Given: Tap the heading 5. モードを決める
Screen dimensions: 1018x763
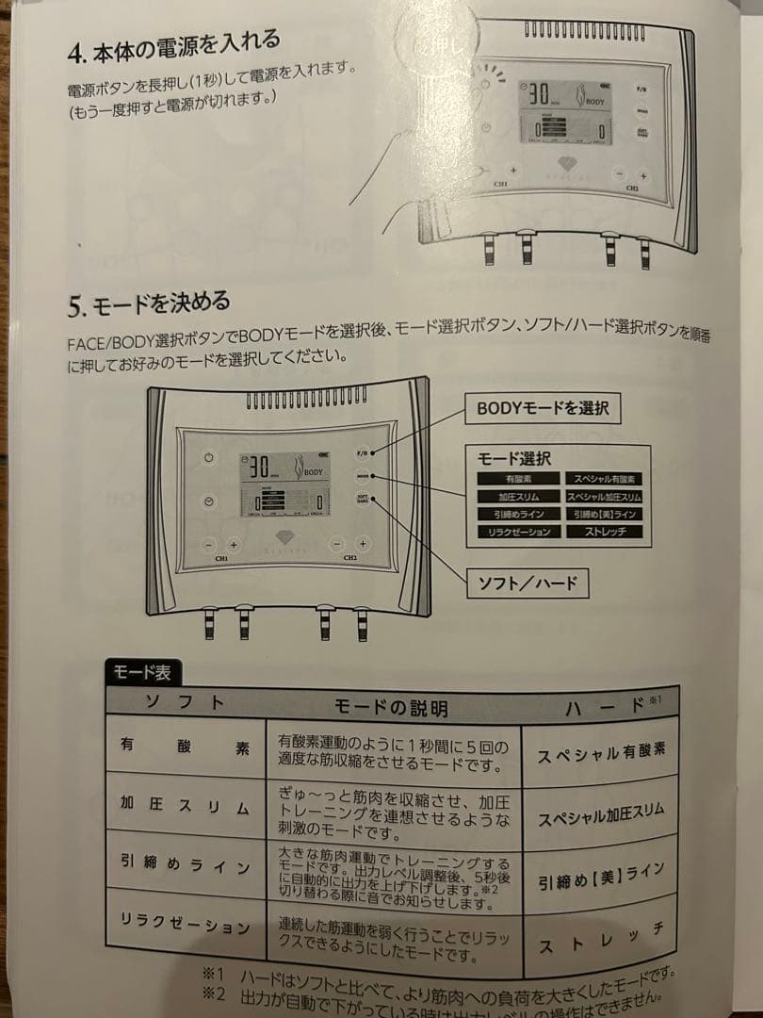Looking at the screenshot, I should click(149, 304).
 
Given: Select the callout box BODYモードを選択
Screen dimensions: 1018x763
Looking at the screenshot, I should click(542, 408).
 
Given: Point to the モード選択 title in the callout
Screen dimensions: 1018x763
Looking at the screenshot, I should click(513, 458).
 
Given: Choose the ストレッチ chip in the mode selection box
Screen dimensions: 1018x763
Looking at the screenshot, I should click(603, 532).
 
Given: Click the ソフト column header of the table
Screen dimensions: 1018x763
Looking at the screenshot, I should click(185, 702).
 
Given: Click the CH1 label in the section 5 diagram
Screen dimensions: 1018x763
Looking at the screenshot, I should click(221, 558).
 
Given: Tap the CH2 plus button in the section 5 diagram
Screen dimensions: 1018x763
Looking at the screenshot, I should click(361, 544).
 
